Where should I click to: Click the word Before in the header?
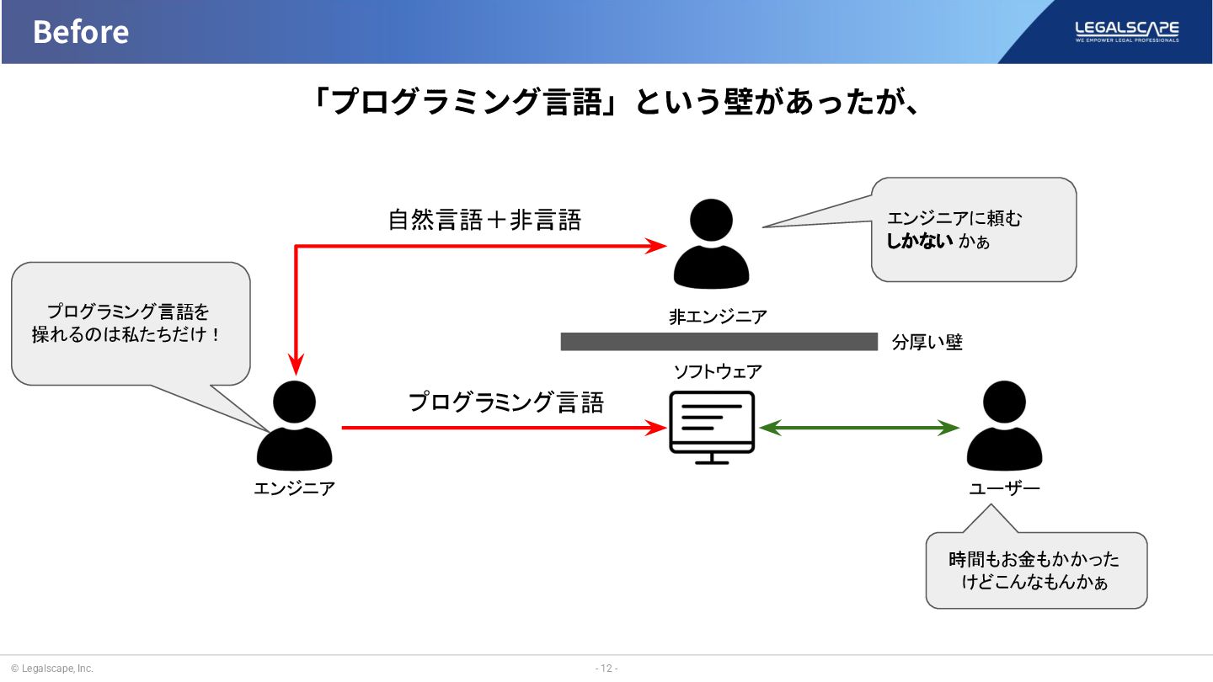tap(81, 32)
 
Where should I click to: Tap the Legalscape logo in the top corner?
tap(1126, 31)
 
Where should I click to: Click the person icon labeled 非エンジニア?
tap(711, 244)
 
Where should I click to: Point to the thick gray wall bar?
tap(719, 341)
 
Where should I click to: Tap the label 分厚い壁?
tap(927, 343)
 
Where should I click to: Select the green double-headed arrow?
tap(859, 428)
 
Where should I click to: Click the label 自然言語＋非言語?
tap(484, 221)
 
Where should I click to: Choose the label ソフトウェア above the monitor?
tap(717, 371)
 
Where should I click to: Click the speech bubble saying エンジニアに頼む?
tap(974, 229)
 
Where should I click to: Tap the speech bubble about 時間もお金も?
tap(1036, 570)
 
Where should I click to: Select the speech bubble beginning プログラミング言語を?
tap(131, 323)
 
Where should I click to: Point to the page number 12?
tap(606, 669)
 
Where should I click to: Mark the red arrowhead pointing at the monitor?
tap(655, 428)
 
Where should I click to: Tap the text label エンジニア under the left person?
tap(294, 488)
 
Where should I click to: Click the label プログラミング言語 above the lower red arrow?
tap(506, 402)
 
